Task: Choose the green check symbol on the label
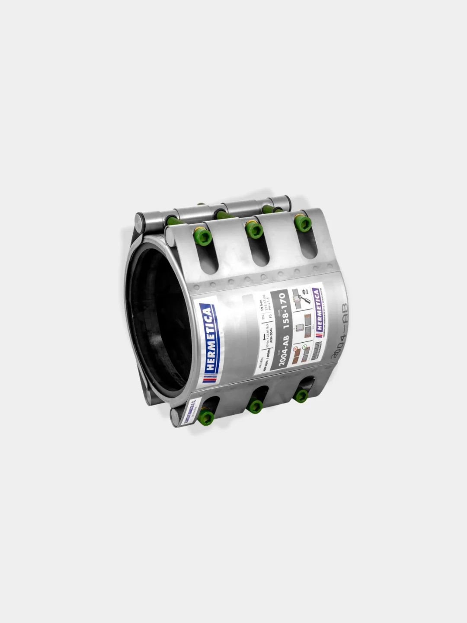[305, 346]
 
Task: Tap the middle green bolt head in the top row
[254, 230]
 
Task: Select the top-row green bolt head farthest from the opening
[303, 223]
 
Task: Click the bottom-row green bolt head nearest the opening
[206, 417]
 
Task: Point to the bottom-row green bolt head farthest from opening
[301, 395]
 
